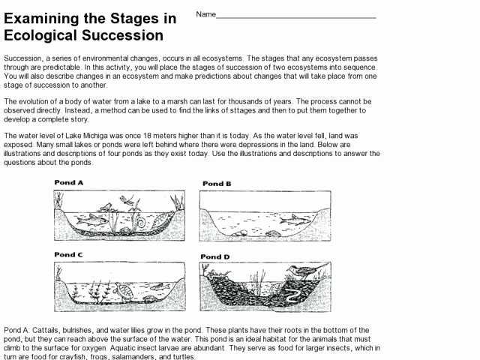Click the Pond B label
(217, 183)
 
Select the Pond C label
(70, 255)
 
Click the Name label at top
(206, 14)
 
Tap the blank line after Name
(296, 16)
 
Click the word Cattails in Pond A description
(48, 331)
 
